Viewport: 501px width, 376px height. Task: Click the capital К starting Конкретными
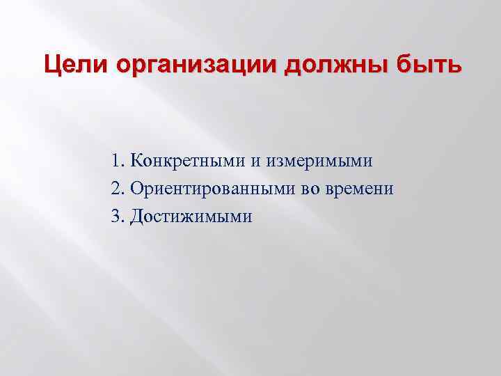(134, 162)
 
